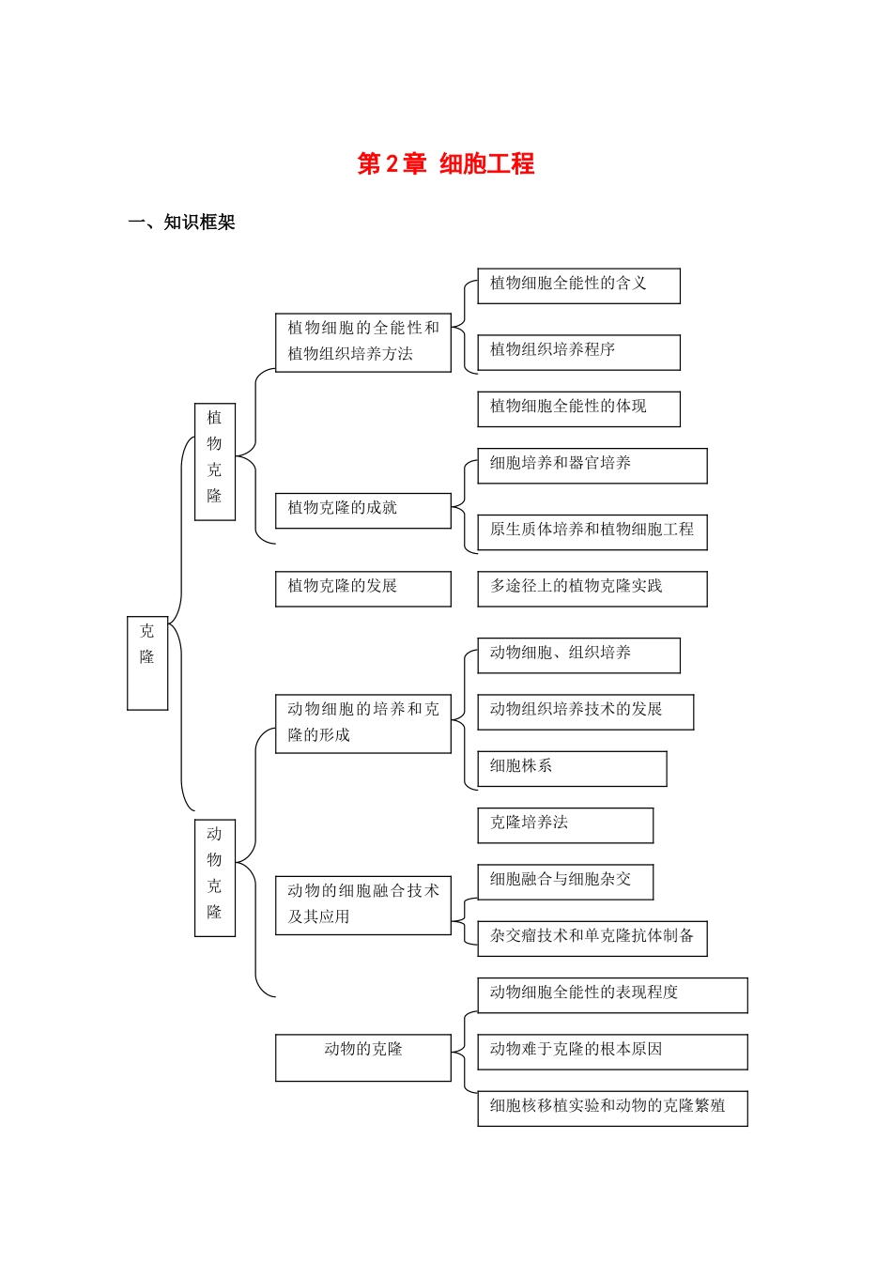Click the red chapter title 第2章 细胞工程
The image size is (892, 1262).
click(446, 164)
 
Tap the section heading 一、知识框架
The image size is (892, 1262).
click(181, 223)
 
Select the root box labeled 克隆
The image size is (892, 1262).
click(147, 662)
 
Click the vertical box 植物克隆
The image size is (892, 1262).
click(215, 461)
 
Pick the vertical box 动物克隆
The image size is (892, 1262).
click(215, 877)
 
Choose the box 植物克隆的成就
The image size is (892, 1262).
click(362, 510)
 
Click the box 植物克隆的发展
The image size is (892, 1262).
click(362, 588)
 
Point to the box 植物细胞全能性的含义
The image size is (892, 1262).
click(578, 285)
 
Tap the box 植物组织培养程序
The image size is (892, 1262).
click(578, 352)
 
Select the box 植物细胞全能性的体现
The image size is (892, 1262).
click(578, 408)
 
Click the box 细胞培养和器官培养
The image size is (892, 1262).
click(592, 466)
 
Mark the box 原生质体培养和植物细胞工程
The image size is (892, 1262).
click(592, 531)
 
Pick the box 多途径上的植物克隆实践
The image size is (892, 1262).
click(592, 589)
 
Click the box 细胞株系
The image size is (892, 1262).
click(572, 768)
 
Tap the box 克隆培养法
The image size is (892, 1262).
click(565, 825)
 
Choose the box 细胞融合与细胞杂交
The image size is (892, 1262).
click(565, 882)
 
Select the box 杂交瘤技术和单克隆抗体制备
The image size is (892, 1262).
click(592, 938)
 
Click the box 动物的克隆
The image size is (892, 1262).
click(362, 1057)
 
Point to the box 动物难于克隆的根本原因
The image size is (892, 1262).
click(612, 1052)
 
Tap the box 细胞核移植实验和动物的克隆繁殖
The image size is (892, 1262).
click(612, 1108)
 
